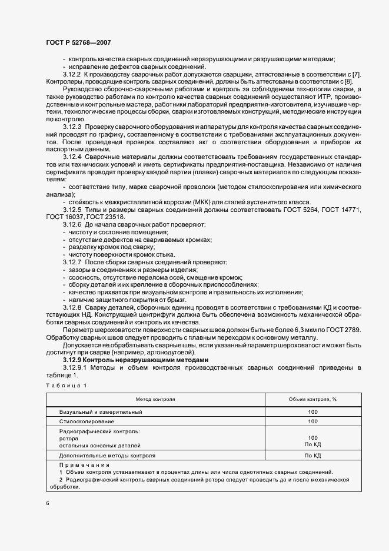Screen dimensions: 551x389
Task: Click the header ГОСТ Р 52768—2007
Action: pyautogui.click(x=78, y=43)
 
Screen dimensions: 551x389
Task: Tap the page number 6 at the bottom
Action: pyautogui.click(x=48, y=503)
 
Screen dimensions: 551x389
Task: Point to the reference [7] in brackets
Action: pyautogui.click(x=357, y=74)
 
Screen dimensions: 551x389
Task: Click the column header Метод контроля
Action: pyautogui.click(x=156, y=399)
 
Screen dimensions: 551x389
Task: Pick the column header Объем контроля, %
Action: pyautogui.click(x=312, y=399)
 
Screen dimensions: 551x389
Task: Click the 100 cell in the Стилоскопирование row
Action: pyautogui.click(x=312, y=421)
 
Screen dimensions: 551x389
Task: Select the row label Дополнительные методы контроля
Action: pyautogui.click(x=107, y=455)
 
